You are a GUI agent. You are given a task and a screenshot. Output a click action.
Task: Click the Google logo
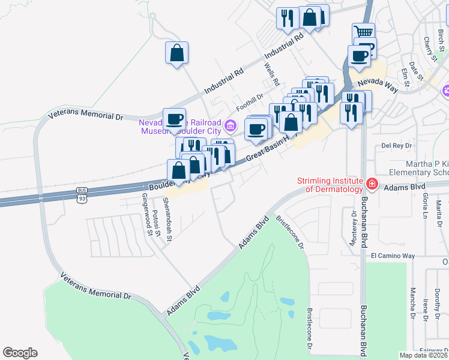click(20, 353)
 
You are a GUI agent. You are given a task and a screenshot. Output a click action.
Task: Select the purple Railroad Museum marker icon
click(231, 127)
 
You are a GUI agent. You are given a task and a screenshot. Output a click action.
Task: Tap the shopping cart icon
click(363, 32)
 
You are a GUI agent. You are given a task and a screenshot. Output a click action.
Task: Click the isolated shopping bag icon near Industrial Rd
click(177, 53)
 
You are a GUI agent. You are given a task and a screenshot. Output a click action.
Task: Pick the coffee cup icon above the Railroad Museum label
click(175, 118)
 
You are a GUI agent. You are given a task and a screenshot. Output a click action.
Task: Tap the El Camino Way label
click(393, 256)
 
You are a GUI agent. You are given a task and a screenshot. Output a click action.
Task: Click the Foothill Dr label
click(250, 97)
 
